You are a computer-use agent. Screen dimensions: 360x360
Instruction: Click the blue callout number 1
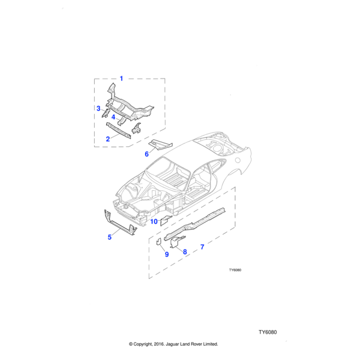tap(121, 79)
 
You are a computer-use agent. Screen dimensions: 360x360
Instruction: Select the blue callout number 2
tap(108, 139)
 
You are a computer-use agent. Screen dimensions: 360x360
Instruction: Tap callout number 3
tap(98, 109)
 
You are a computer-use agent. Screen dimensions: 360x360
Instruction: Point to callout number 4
tap(113, 117)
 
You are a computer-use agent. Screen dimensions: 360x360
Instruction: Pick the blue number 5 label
tap(110, 237)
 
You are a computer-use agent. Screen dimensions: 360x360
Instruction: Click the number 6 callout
tap(147, 154)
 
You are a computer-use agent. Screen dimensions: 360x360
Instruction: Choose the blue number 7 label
tap(202, 247)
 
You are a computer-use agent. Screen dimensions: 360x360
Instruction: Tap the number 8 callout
tap(185, 252)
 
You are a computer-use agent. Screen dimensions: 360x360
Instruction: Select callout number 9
tap(167, 254)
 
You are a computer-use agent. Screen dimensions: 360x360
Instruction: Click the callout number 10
tap(154, 221)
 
